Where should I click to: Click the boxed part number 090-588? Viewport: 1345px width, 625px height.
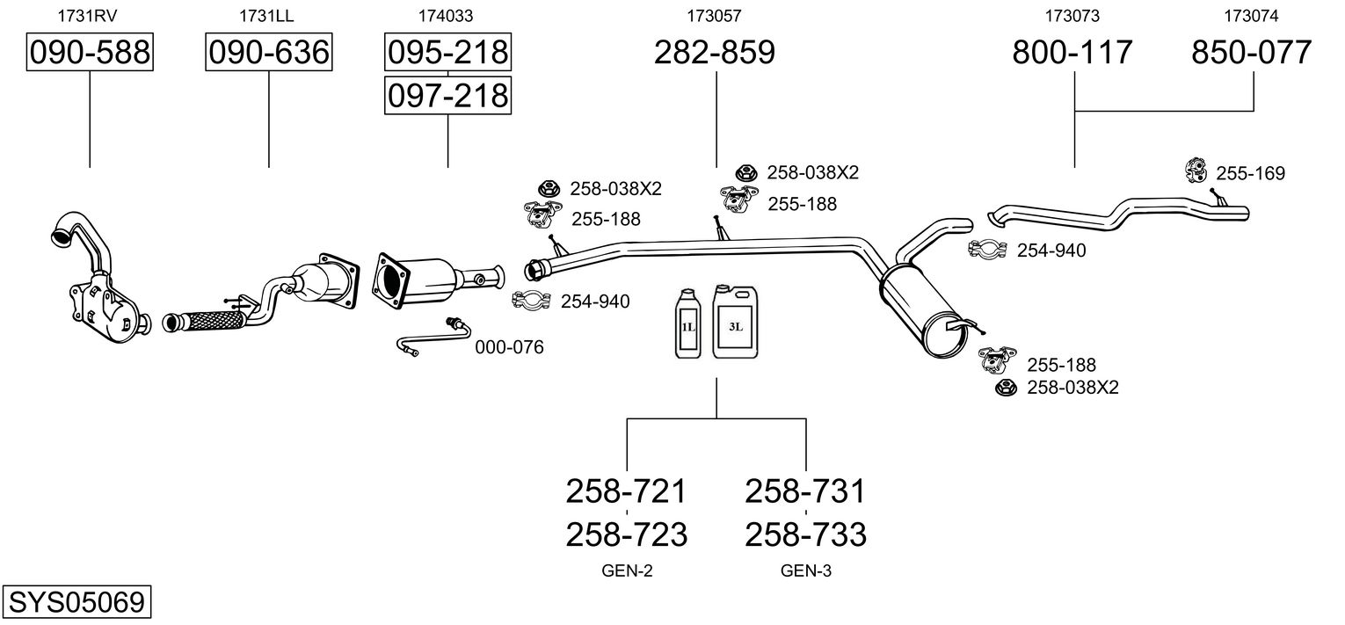click(x=90, y=53)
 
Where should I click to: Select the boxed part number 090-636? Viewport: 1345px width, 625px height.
click(x=268, y=53)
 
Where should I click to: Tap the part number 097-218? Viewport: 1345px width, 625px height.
click(x=447, y=95)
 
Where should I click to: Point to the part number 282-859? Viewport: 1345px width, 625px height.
click(x=715, y=53)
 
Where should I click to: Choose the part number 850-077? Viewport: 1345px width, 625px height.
click(x=1252, y=53)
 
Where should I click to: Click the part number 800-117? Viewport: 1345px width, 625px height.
click(x=1072, y=53)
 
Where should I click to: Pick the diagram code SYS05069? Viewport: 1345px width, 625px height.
click(x=76, y=603)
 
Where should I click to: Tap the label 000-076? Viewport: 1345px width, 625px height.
click(x=509, y=347)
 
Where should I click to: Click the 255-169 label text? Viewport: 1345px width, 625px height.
click(x=1251, y=174)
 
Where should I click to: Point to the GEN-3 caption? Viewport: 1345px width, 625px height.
click(x=805, y=571)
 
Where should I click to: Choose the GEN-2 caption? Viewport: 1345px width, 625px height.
click(x=627, y=571)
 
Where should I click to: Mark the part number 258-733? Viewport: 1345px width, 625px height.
click(x=805, y=534)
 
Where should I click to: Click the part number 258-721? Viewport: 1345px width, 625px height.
click(x=627, y=491)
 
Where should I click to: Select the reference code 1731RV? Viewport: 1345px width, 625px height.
click(x=87, y=15)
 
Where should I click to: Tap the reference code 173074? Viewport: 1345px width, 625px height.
click(x=1251, y=15)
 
